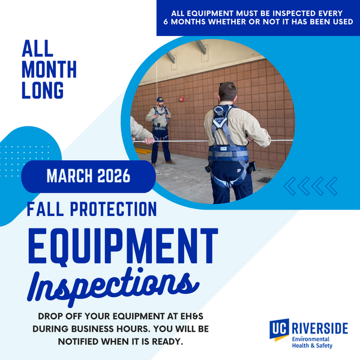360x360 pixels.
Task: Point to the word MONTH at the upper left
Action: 49,69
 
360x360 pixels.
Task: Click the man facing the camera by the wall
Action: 160,129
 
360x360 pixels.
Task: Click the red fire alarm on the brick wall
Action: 181,99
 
